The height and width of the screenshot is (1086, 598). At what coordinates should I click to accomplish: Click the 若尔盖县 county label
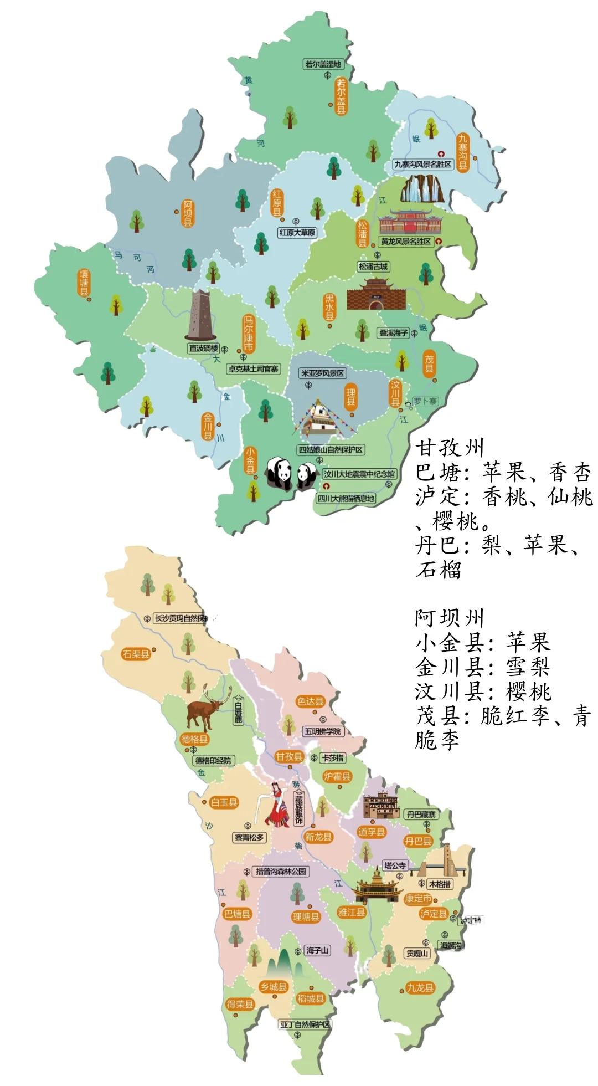coord(341,96)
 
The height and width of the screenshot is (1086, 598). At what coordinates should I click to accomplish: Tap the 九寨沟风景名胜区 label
coord(423,164)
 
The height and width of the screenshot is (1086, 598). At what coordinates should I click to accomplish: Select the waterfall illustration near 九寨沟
coord(422,189)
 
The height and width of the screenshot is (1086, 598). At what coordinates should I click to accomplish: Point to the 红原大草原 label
coord(297,233)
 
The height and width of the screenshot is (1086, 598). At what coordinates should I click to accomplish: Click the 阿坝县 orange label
coord(188,213)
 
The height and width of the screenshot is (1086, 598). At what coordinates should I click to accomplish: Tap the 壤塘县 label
coord(84,283)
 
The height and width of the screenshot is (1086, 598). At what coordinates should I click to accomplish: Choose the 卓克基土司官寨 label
coord(254,369)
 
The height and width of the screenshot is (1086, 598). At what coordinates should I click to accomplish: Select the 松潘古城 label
coord(373,267)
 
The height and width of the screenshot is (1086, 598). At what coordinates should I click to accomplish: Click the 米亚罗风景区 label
coord(322,373)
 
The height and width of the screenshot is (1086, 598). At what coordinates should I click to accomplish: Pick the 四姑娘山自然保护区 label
coord(331,450)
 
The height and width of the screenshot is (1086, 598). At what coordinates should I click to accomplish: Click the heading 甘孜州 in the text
coord(450,448)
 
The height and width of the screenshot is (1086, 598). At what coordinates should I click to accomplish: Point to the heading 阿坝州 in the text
coord(450,618)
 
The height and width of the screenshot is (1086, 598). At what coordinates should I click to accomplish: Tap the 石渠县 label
coord(136,654)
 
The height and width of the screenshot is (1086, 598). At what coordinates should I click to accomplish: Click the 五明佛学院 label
coord(323,731)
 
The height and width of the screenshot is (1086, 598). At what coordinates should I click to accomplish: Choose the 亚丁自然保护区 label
coord(305,1024)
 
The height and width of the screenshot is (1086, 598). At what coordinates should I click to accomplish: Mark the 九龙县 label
coord(420,987)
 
